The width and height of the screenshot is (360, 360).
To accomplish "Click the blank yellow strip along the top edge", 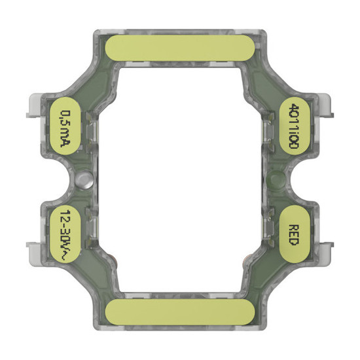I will (x=180, y=47).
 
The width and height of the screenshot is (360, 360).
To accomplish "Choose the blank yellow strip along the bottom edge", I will (x=180, y=312).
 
